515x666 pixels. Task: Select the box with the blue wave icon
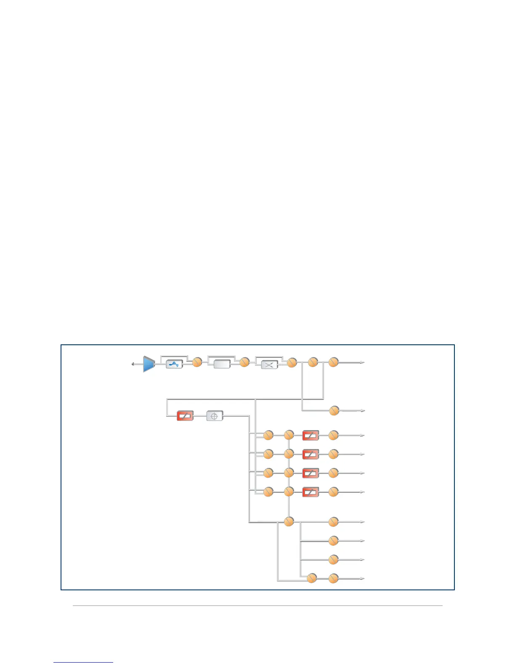[x=174, y=364]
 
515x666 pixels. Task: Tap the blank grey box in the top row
[x=222, y=364]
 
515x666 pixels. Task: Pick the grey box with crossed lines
[x=269, y=365]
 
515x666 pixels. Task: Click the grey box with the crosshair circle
[x=215, y=416]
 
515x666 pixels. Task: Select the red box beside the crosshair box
[x=185, y=416]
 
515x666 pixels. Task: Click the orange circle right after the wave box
[x=197, y=362]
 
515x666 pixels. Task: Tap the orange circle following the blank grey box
[x=244, y=362]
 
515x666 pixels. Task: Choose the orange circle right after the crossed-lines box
[x=292, y=362]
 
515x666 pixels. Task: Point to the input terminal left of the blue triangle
[x=133, y=364]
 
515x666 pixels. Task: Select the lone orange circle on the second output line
[x=334, y=410]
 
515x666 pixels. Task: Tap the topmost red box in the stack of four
[x=311, y=436]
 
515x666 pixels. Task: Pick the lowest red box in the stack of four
[x=311, y=492]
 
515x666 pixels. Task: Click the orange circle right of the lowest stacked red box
[x=333, y=492]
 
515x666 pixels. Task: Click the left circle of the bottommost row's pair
[x=312, y=579]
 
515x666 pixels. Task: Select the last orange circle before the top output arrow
[x=333, y=362]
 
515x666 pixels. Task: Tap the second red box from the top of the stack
[x=311, y=455]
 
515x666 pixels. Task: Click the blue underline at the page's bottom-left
[x=83, y=662]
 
